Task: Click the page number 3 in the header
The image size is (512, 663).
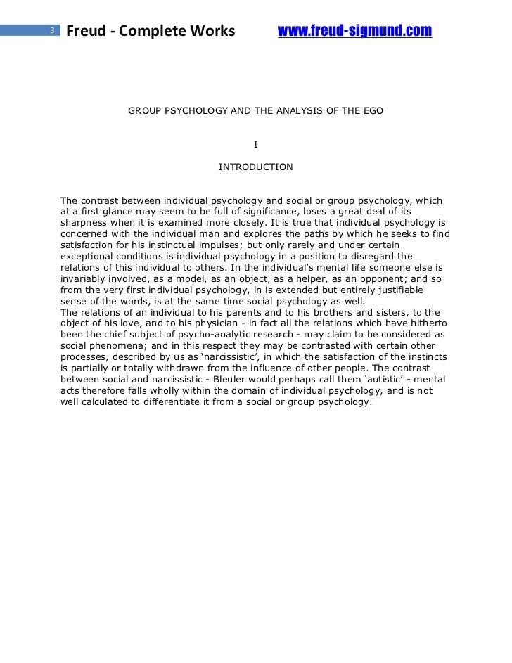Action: [51, 30]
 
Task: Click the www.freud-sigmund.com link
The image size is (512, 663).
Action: [354, 31]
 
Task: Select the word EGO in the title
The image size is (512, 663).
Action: [372, 111]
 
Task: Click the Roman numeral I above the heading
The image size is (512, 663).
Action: [255, 145]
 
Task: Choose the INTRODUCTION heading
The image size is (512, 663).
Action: [255, 167]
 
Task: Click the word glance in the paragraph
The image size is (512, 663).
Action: [124, 212]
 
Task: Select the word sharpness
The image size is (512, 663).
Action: [84, 223]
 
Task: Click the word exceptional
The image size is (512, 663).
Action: [87, 257]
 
